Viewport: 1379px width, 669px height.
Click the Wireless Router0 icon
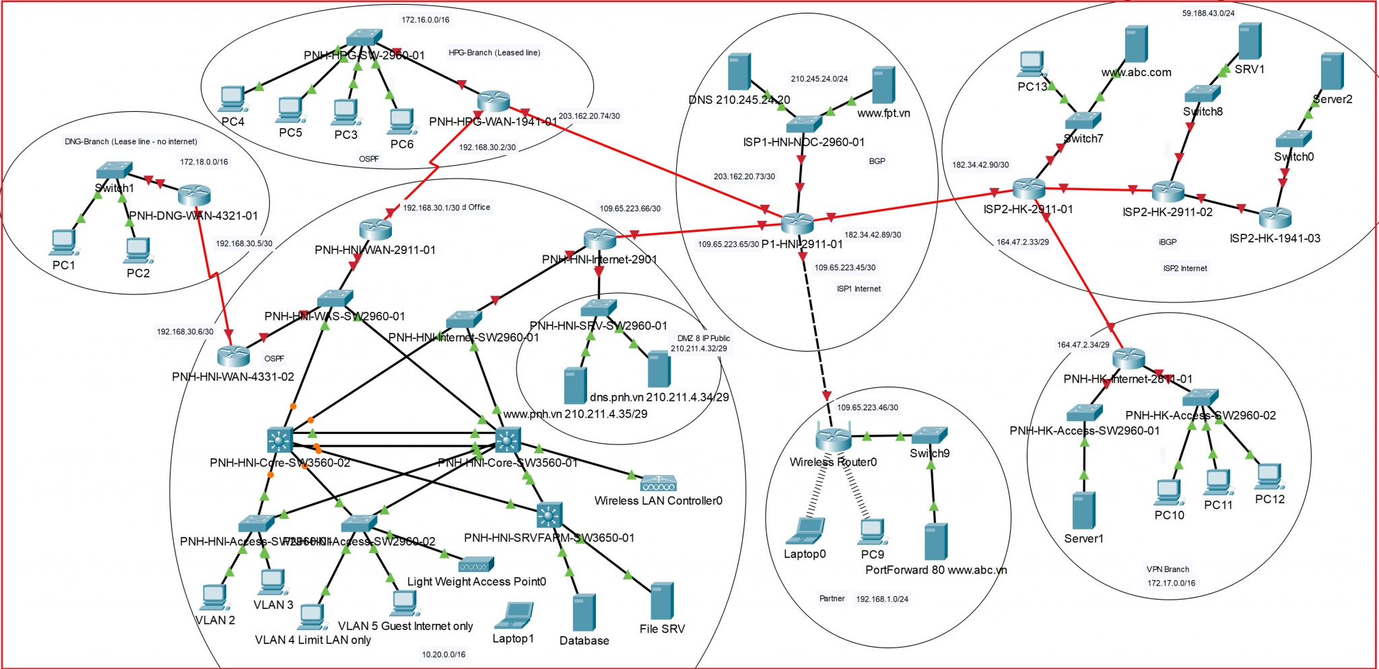tap(833, 439)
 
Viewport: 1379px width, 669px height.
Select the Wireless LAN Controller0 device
tap(658, 483)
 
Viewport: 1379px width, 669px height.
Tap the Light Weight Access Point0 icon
tap(476, 564)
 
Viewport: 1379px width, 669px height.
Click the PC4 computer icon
tap(232, 99)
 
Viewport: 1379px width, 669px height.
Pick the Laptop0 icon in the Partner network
tap(805, 531)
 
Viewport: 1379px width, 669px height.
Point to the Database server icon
tap(584, 612)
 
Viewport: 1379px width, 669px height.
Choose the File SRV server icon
tap(662, 600)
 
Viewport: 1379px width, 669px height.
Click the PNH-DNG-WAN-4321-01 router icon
tap(195, 195)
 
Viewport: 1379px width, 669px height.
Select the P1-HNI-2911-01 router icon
tap(797, 223)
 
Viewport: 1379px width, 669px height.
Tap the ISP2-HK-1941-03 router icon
tap(1275, 217)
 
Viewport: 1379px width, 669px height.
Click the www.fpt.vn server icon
tap(883, 85)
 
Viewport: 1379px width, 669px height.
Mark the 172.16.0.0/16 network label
tap(426, 20)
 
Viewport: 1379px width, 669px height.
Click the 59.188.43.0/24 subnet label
tap(1208, 13)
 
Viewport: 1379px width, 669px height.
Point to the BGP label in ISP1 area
tap(877, 161)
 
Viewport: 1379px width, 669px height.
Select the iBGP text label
tap(1168, 242)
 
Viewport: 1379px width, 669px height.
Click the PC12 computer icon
tap(1269, 476)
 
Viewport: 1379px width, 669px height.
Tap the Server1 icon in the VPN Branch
tap(1083, 510)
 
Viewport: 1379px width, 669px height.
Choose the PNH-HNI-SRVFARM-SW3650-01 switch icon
tap(549, 515)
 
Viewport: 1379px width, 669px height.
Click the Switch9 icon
tap(929, 435)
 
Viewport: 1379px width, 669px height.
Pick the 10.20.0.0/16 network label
tap(443, 654)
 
